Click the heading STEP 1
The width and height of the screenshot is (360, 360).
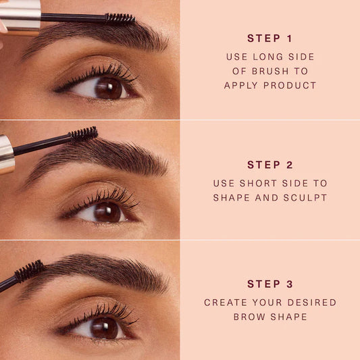(269, 38)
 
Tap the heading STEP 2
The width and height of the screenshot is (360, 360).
(270, 165)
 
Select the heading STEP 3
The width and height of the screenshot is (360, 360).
(270, 284)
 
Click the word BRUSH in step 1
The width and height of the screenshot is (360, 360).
(270, 71)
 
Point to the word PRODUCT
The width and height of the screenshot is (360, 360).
(290, 85)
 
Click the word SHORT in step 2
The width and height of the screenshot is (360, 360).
(258, 184)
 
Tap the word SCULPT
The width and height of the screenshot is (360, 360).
(305, 198)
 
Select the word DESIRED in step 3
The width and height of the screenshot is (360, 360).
(312, 303)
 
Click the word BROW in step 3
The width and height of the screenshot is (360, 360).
(249, 317)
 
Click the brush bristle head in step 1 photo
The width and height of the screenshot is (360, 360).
(120, 18)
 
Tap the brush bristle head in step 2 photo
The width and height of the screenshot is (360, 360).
(83, 134)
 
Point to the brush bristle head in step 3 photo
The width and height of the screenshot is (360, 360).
(30, 271)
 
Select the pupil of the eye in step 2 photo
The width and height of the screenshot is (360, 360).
(107, 212)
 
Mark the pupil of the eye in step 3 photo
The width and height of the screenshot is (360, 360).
(105, 328)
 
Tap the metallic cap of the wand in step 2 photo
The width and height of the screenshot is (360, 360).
(7, 154)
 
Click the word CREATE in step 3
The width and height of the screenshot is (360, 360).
(226, 303)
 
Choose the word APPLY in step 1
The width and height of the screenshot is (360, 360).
(240, 85)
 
